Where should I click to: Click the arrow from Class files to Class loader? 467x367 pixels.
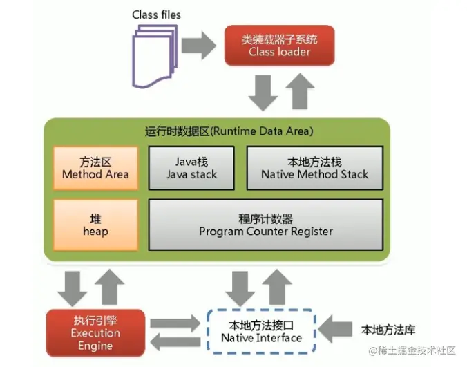coord(200,45)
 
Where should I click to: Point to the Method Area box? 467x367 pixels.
coord(95,167)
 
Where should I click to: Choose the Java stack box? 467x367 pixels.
coord(191,167)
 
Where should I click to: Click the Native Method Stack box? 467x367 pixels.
coord(314,167)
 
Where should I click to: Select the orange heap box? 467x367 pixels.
coord(95,225)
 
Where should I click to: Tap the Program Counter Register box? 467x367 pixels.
coord(266,225)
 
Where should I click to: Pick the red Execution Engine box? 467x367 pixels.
coord(95,332)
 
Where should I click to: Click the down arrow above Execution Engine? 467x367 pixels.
coord(72,288)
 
